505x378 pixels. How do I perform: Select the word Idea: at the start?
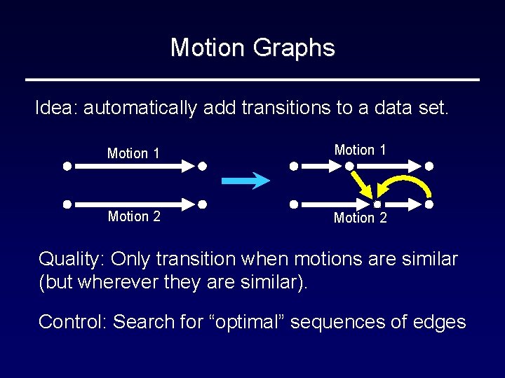click(x=57, y=108)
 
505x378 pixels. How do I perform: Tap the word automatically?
click(x=140, y=108)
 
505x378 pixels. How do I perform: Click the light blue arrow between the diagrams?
click(x=245, y=181)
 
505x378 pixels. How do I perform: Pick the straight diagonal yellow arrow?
click(x=363, y=184)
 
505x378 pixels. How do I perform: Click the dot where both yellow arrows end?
click(x=377, y=204)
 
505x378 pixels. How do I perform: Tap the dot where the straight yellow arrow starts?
click(x=349, y=167)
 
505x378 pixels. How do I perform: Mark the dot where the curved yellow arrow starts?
click(x=429, y=204)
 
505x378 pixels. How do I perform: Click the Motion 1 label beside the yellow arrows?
click(x=360, y=150)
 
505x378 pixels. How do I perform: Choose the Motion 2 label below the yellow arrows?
click(x=360, y=218)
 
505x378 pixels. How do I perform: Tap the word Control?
click(x=72, y=322)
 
